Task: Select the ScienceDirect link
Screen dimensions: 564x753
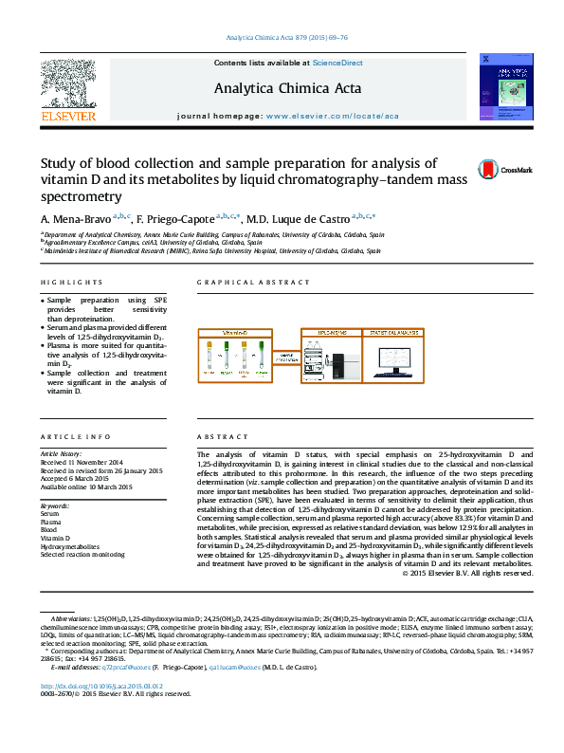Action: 337,63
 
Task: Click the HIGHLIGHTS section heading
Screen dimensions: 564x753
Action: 71,283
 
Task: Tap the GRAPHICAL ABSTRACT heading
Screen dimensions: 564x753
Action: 253,283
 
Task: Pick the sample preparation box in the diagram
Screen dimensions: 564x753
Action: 282,358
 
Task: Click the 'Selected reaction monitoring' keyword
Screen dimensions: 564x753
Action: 82,554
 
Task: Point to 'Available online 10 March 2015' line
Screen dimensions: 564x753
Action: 86,487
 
